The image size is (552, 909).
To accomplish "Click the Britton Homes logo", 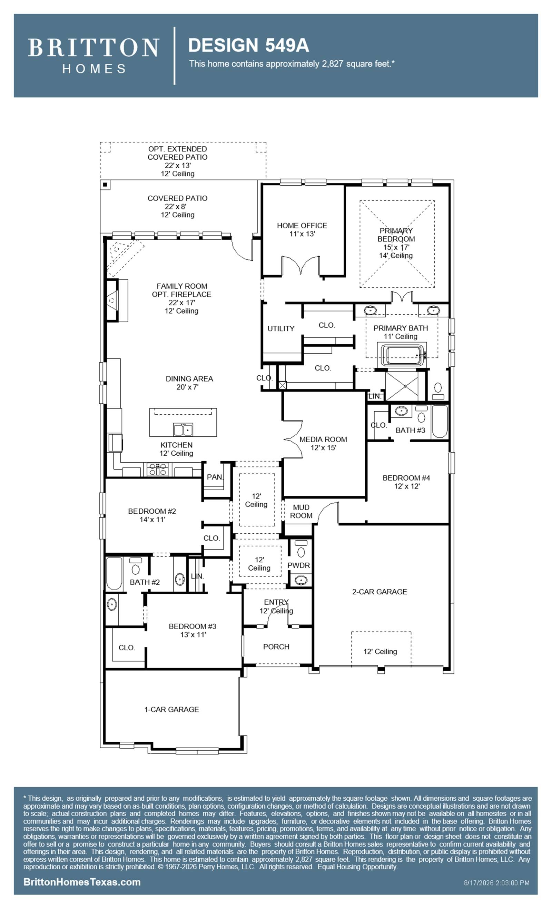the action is tap(93, 55).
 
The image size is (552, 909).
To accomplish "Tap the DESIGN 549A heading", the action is tap(248, 46).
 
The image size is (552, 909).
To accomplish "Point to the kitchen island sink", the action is tap(183, 430).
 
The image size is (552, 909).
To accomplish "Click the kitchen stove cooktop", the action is tap(158, 469).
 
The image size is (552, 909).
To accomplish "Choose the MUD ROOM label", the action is tap(301, 511).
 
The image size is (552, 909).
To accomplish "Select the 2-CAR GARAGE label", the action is tap(379, 592).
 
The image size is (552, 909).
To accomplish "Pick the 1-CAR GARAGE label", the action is tap(171, 709).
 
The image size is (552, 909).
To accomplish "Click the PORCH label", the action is tap(276, 647).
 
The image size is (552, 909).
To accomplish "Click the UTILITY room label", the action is tap(281, 328).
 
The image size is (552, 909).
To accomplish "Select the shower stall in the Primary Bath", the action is tap(402, 386).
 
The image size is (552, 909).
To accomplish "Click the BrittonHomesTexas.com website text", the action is tap(82, 882).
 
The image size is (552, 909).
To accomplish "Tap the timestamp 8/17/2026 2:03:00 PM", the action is tap(497, 883).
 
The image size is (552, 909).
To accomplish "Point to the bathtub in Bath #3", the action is tap(440, 421).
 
